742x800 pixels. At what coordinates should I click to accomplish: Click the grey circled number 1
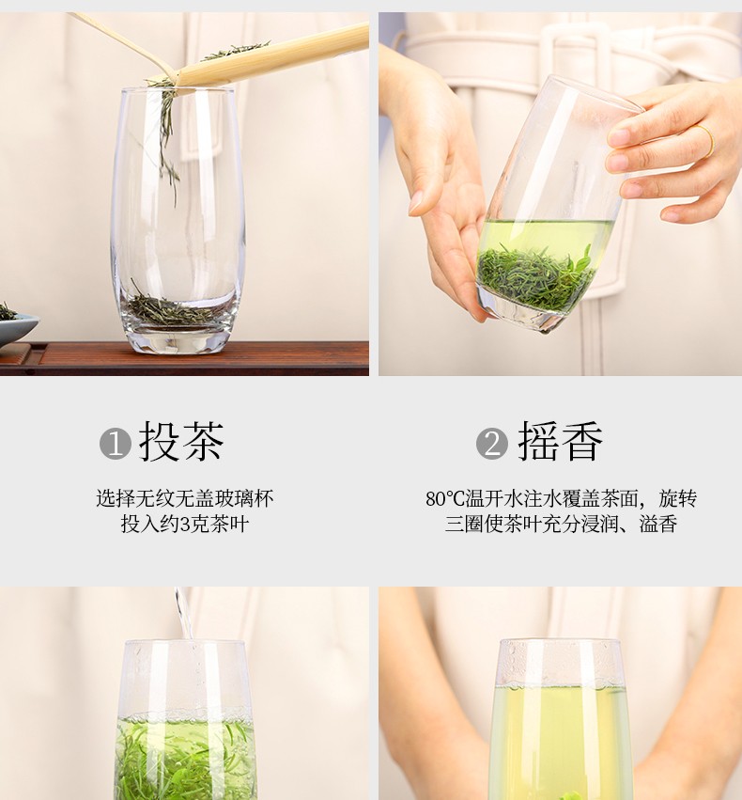click(116, 444)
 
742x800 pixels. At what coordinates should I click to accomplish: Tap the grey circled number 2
click(492, 444)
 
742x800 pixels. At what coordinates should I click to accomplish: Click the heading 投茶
click(181, 442)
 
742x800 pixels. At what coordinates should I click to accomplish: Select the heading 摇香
click(560, 442)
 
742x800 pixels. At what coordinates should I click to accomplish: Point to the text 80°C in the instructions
click(445, 499)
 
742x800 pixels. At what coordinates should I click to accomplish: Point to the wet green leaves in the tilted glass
click(535, 278)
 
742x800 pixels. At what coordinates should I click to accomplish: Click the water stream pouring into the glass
click(183, 612)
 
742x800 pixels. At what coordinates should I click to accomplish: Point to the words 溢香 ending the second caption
click(658, 525)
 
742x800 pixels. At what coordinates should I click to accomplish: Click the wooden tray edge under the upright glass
click(184, 358)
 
